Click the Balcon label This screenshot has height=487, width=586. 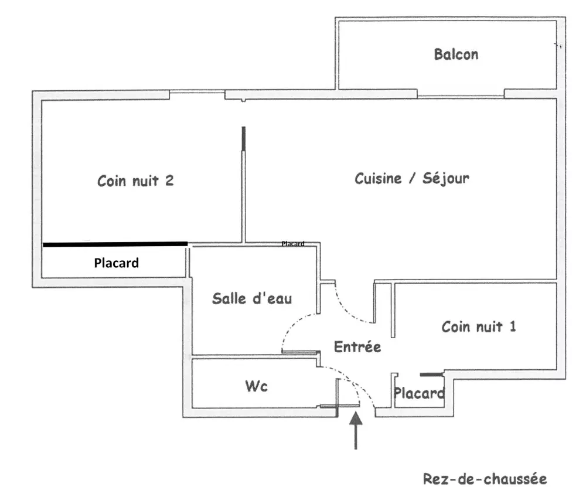coord(456,55)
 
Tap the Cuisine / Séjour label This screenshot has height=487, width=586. coord(411,178)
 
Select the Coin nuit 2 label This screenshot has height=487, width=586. coord(135,181)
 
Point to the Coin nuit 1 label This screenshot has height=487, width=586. coord(479,326)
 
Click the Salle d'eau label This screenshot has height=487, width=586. coord(252,298)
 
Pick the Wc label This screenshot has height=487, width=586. coord(256,387)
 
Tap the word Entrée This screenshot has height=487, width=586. coord(357,346)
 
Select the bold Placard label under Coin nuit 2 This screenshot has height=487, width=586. coord(117,263)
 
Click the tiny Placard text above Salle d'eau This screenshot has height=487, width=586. coord(293,244)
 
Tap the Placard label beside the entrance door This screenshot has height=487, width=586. coord(418,393)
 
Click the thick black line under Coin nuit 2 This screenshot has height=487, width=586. coord(115,244)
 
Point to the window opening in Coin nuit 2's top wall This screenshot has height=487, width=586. coord(197,93)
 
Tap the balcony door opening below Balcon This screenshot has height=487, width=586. coord(461,94)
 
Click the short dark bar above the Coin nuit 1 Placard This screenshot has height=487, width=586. coord(431,373)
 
